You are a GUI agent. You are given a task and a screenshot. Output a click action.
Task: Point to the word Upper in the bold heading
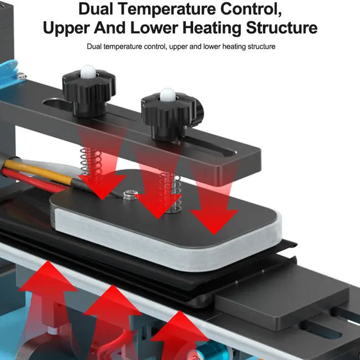66,28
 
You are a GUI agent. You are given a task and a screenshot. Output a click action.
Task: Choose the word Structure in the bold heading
282,28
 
